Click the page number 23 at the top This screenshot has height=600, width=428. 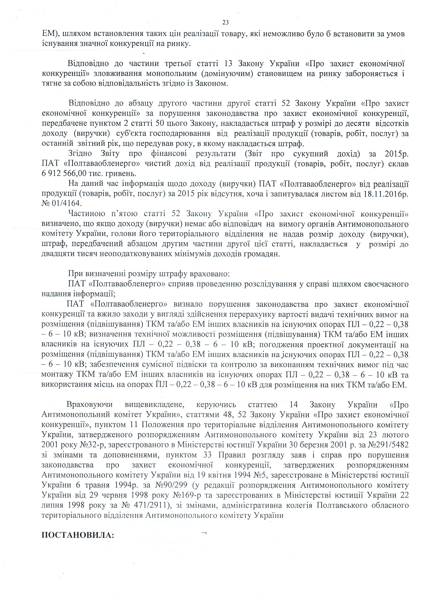tap(225, 23)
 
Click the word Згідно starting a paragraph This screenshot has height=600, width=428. tap(80, 153)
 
